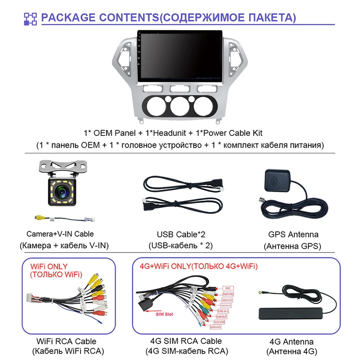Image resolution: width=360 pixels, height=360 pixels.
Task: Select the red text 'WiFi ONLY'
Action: click(49, 267)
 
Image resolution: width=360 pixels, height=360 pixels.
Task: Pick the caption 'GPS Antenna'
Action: click(293, 234)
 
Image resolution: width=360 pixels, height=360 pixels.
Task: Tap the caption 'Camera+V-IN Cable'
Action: click(60, 234)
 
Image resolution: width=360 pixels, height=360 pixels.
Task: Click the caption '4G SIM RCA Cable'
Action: click(186, 342)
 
